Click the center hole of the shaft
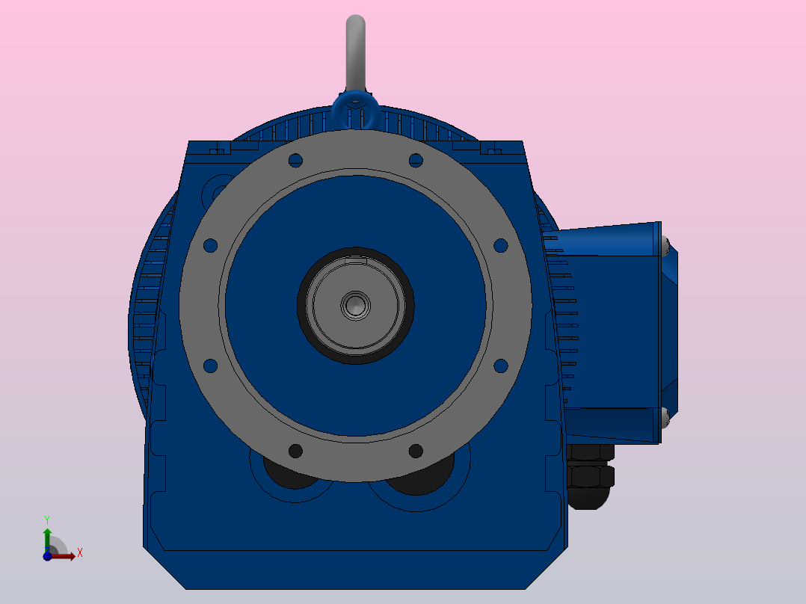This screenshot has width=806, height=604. tap(356, 304)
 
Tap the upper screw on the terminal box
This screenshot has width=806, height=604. tap(665, 244)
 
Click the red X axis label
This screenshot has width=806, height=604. tap(79, 553)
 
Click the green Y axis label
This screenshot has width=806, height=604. tap(47, 519)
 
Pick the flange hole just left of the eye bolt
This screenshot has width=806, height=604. tap(295, 160)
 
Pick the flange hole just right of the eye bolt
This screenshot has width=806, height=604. tap(416, 160)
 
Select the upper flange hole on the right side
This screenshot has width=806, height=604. tap(501, 245)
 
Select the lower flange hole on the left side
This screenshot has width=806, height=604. tap(210, 366)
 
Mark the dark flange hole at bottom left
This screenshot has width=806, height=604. tap(295, 451)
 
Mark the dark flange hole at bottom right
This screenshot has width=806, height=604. tap(416, 451)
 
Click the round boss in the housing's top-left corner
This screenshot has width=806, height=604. tap(219, 189)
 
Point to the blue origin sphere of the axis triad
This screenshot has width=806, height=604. tap(47, 555)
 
